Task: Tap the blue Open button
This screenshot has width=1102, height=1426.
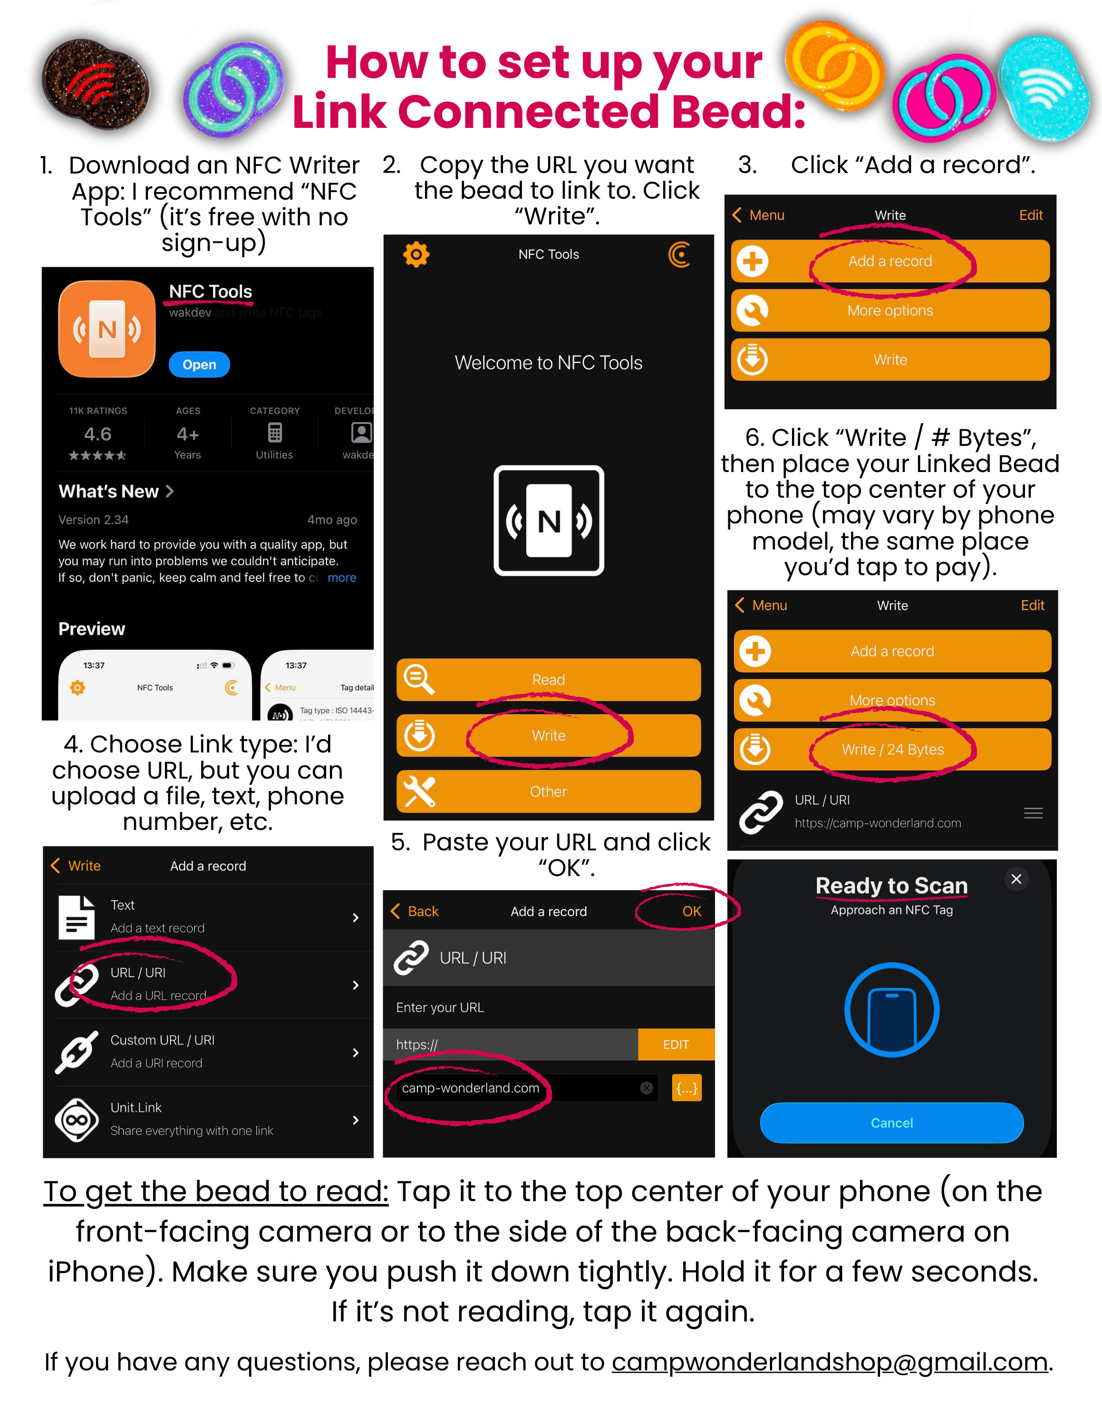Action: pyautogui.click(x=199, y=364)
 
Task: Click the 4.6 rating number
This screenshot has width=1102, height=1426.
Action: pyautogui.click(x=97, y=434)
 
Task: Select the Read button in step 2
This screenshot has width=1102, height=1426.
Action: pyautogui.click(x=549, y=680)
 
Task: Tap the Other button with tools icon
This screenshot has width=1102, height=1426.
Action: pyautogui.click(x=549, y=791)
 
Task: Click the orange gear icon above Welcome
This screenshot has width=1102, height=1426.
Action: pyautogui.click(x=416, y=255)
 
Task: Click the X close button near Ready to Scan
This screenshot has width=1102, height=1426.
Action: pyautogui.click(x=1016, y=879)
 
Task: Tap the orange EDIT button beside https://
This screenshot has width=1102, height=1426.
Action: pyautogui.click(x=676, y=1045)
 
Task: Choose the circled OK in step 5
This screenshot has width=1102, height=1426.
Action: pyautogui.click(x=691, y=912)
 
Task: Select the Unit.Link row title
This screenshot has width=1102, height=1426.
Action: pyautogui.click(x=136, y=1108)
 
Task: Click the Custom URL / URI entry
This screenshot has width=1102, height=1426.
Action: pyautogui.click(x=162, y=1040)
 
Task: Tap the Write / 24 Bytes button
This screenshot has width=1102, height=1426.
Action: pyautogui.click(x=892, y=750)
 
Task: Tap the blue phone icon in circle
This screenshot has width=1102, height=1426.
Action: pyautogui.click(x=892, y=1010)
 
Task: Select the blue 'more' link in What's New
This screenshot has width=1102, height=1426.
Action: pyautogui.click(x=341, y=578)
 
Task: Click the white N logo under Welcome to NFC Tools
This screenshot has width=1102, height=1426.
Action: pyautogui.click(x=549, y=520)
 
